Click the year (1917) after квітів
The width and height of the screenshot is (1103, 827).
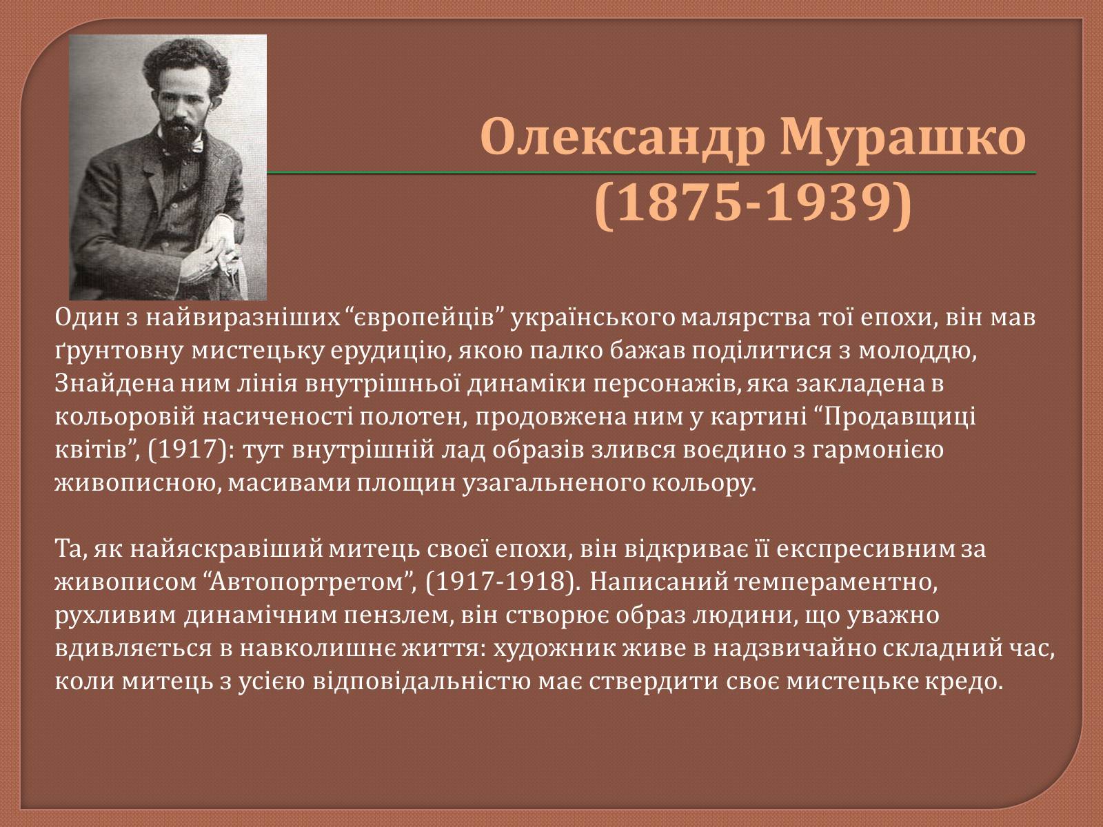point(192,450)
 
